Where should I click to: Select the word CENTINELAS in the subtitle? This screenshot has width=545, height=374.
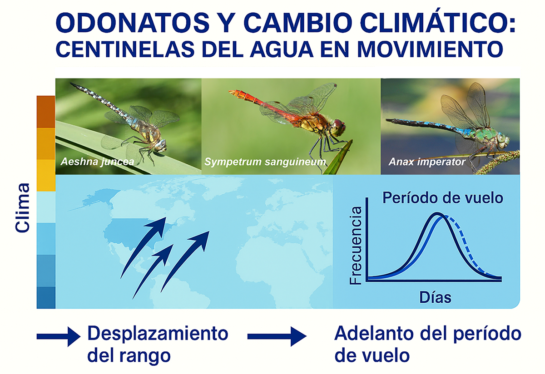[125, 49]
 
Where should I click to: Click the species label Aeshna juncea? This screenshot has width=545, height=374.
[97, 162]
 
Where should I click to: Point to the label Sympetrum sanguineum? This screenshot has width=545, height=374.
[265, 162]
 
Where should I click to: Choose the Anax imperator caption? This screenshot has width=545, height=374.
[427, 162]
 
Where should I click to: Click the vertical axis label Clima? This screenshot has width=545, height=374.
[22, 208]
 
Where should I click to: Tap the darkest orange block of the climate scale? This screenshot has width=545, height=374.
[46, 112]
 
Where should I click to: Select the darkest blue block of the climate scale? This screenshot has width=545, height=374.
[46, 297]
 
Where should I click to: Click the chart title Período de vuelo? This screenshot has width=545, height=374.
[443, 198]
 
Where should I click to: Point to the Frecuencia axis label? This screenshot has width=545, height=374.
[356, 246]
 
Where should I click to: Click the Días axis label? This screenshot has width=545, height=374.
[435, 297]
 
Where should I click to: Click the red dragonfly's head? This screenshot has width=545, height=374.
[338, 128]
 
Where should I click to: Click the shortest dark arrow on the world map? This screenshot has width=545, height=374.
[153, 271]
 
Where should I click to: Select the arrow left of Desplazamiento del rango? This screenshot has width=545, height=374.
[59, 337]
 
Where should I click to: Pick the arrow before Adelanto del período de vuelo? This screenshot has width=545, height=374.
[277, 336]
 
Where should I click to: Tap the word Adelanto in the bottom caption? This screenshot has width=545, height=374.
[374, 333]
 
